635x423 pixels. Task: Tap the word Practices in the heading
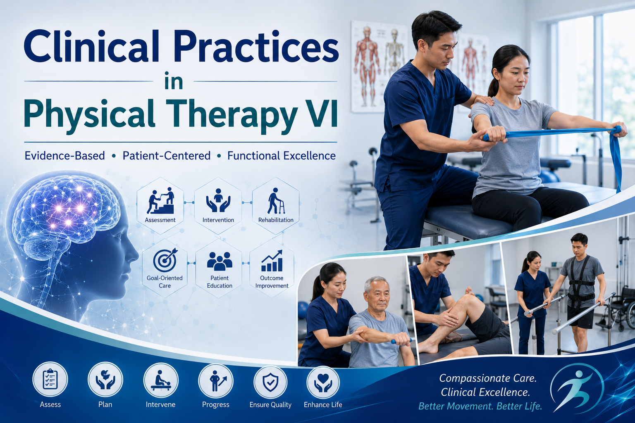[256, 46]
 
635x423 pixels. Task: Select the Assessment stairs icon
[160, 200]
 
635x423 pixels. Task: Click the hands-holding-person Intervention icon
[218, 200]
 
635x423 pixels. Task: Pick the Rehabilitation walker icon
[276, 201]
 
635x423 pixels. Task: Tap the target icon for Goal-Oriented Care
[165, 260]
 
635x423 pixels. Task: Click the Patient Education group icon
[220, 261]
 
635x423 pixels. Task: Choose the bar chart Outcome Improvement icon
[272, 261]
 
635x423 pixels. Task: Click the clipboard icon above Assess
[50, 379]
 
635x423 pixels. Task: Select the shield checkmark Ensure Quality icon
[270, 382]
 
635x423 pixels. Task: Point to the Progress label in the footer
[215, 404]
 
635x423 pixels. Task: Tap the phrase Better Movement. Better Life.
[480, 406]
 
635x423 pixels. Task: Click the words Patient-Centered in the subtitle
[167, 156]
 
